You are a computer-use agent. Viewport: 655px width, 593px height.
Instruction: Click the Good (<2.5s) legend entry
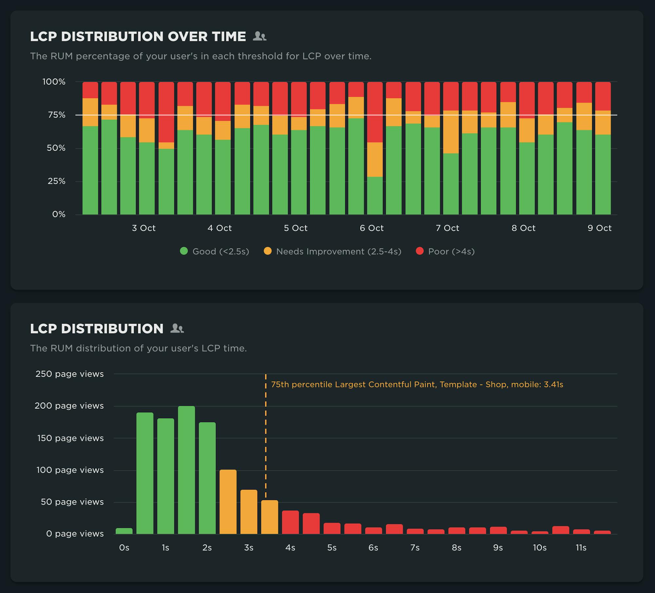point(215,251)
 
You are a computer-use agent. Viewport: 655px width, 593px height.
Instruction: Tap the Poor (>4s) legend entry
point(445,251)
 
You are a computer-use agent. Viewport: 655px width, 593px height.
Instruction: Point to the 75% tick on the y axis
point(56,115)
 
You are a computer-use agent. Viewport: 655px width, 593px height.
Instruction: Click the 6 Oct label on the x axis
point(371,228)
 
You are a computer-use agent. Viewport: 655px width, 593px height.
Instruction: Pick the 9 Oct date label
point(599,228)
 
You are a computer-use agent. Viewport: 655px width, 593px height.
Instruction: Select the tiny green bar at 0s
point(124,531)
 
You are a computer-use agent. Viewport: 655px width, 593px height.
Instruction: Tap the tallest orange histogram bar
point(228,501)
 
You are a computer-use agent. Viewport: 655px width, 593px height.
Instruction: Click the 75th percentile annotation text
point(417,385)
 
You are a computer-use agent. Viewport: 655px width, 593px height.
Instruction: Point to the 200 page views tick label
point(69,406)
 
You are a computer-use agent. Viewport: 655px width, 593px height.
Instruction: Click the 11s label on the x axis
point(581,548)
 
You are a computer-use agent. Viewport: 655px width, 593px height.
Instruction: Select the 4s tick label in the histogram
point(290,548)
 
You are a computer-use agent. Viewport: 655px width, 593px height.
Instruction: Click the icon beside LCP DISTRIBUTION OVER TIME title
point(260,36)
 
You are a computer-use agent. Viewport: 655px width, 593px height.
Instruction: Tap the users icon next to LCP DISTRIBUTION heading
point(177,328)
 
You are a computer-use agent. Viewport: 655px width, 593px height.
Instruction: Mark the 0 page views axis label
point(75,534)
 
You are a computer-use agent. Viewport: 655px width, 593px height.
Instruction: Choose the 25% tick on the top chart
point(56,181)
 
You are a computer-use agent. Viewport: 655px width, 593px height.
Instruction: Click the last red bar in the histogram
point(602,532)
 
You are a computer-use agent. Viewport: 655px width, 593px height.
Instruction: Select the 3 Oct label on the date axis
point(143,228)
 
